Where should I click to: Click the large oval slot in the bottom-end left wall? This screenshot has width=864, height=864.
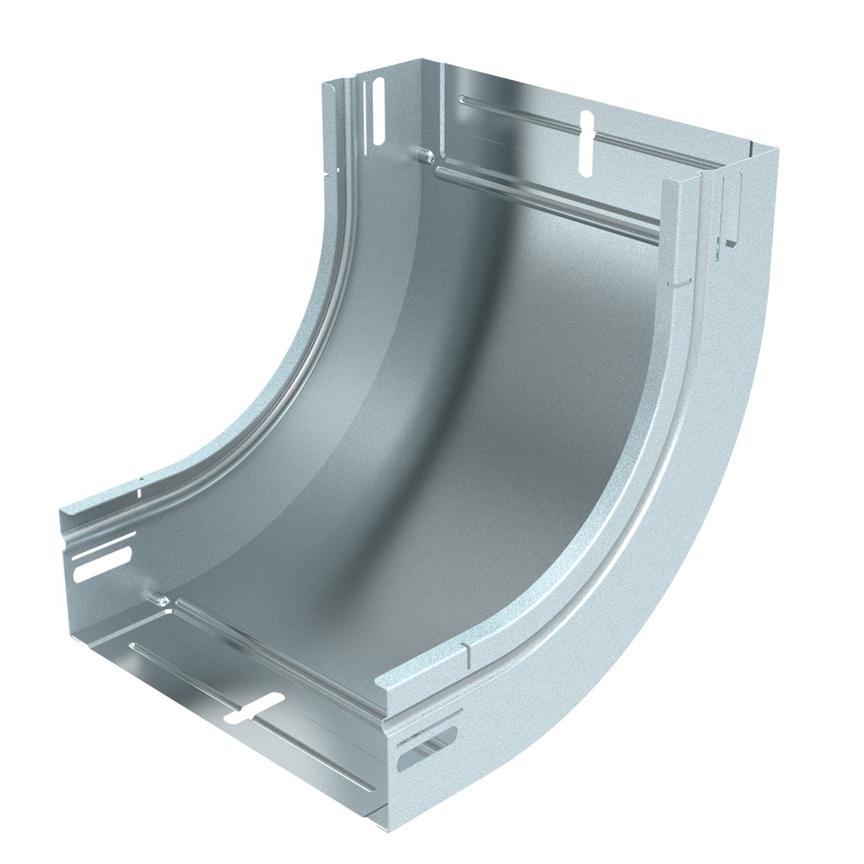[x=103, y=564]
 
